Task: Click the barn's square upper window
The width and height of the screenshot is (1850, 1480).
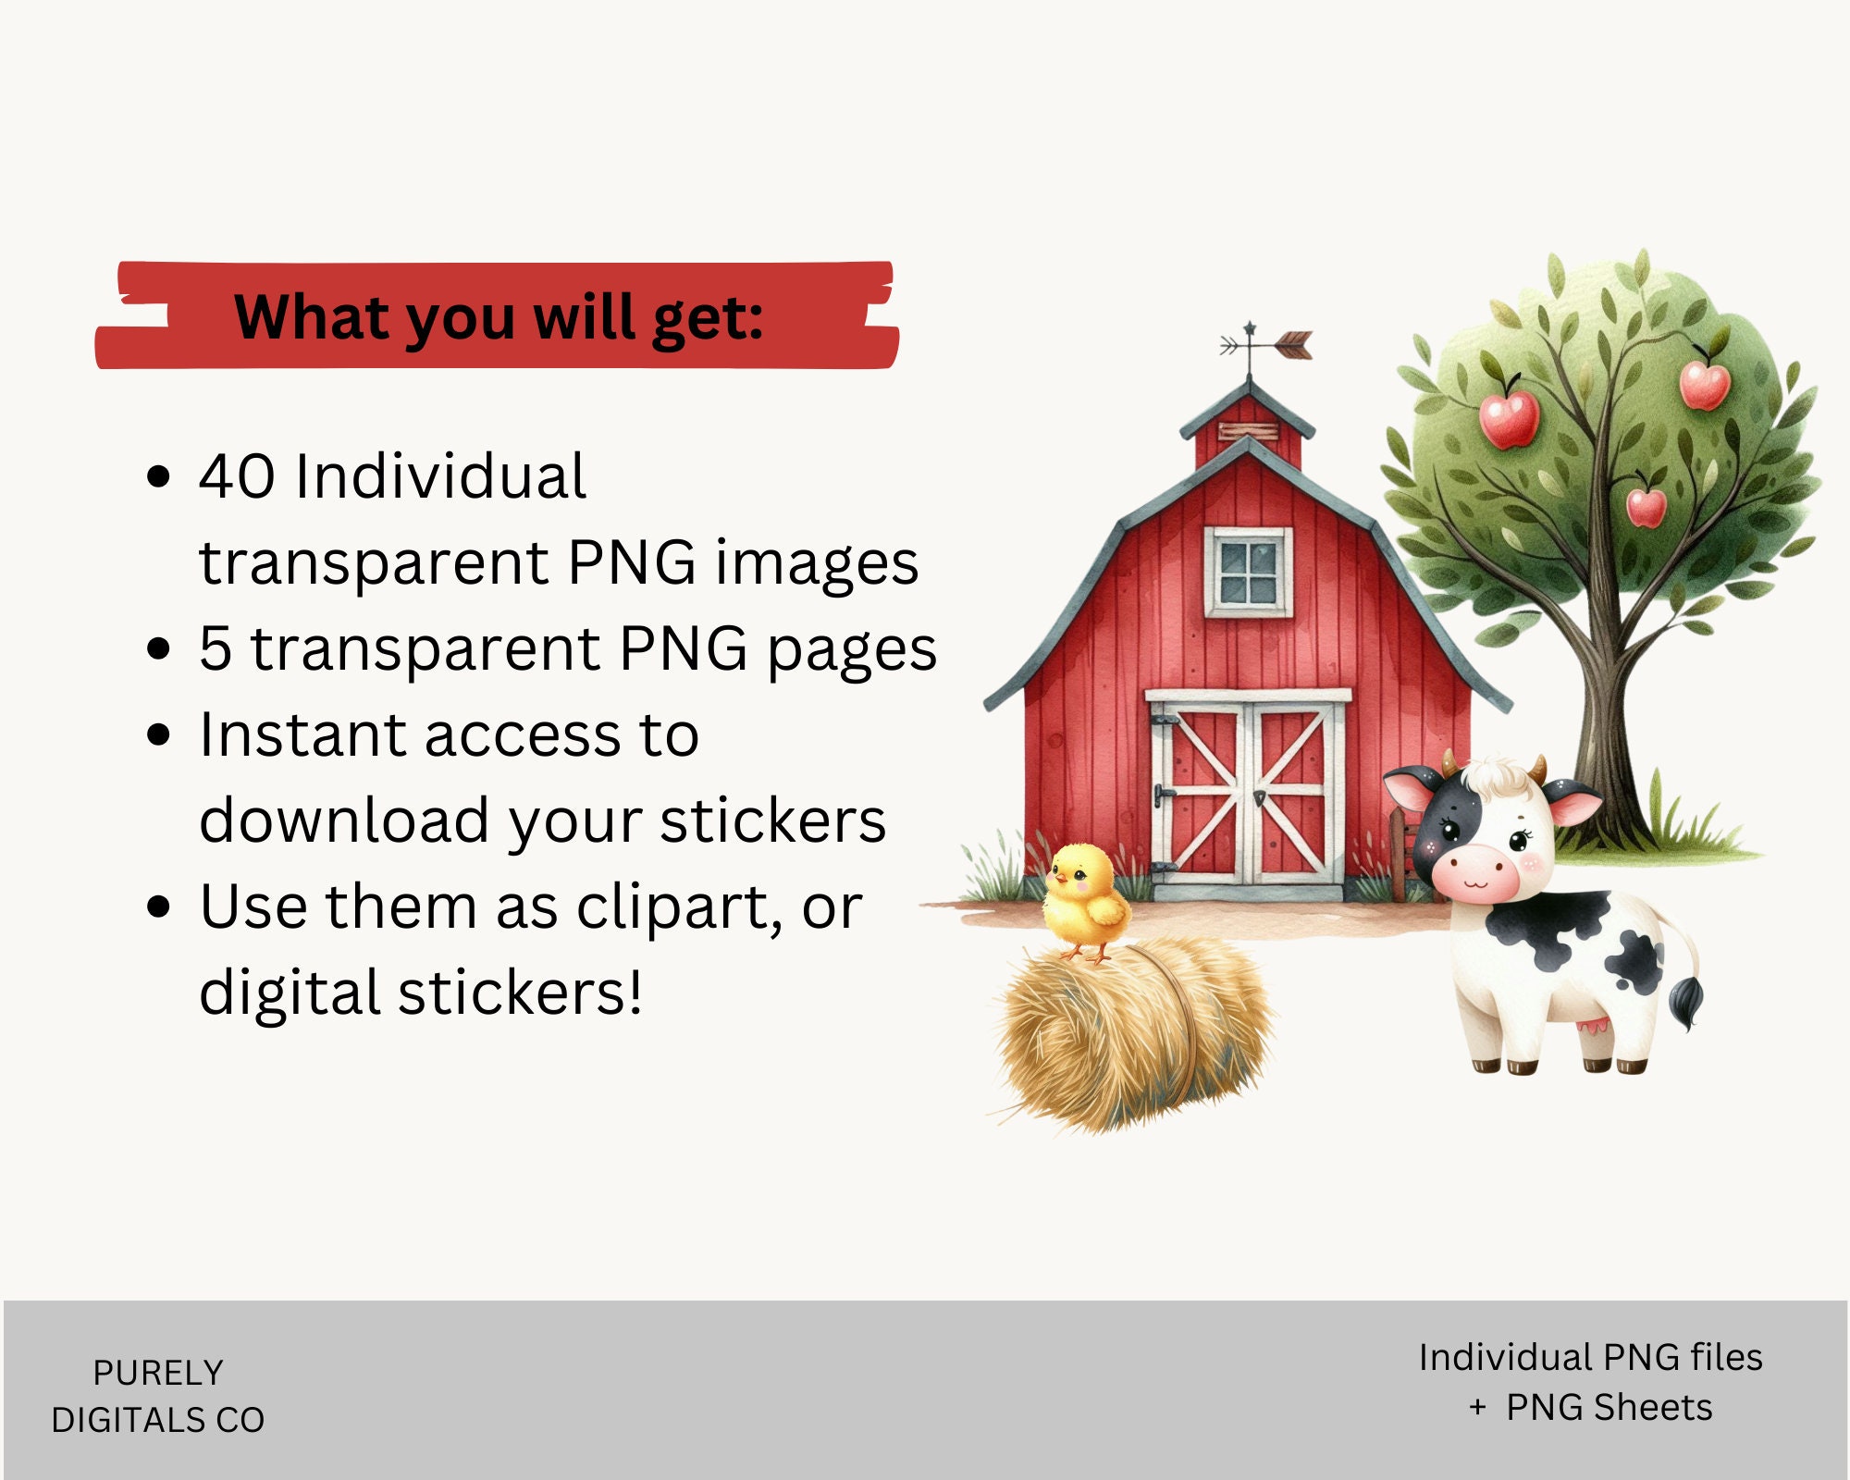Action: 1248,572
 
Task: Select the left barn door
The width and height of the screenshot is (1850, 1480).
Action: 1199,795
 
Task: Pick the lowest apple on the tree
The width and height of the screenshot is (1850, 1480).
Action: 1646,507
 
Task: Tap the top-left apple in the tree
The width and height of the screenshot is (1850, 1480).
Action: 1509,418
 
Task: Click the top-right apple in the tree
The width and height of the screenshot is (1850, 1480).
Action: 1704,384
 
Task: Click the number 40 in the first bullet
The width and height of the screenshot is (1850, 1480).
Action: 237,477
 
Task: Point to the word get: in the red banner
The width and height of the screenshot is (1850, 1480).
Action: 708,319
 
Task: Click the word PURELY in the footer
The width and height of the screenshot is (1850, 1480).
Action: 158,1373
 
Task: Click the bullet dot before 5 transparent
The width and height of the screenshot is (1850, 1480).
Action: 159,648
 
